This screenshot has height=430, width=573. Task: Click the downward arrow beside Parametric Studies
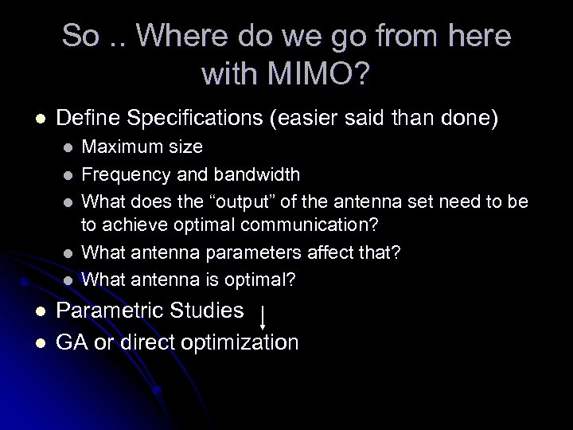264,314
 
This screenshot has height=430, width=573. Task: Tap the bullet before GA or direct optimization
37,343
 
